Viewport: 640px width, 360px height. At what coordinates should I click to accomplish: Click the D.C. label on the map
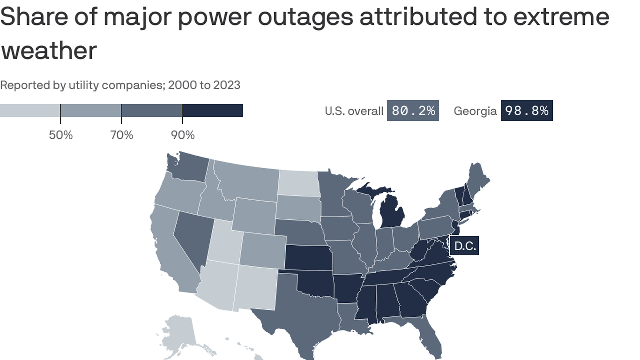coord(465,246)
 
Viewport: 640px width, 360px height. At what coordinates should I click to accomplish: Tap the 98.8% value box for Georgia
coord(527,111)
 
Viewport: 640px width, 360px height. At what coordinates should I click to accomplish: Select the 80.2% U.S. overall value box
coord(413,111)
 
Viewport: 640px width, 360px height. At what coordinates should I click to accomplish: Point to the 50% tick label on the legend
coord(61,135)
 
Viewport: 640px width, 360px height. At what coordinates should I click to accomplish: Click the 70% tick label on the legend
coord(122,135)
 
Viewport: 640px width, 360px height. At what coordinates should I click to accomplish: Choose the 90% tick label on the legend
coord(183,135)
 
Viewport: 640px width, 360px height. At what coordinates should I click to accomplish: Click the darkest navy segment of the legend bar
coord(212,111)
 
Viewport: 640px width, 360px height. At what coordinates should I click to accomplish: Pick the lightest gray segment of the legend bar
coord(30,111)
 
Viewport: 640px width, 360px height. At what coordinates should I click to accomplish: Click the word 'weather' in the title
coord(49,50)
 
